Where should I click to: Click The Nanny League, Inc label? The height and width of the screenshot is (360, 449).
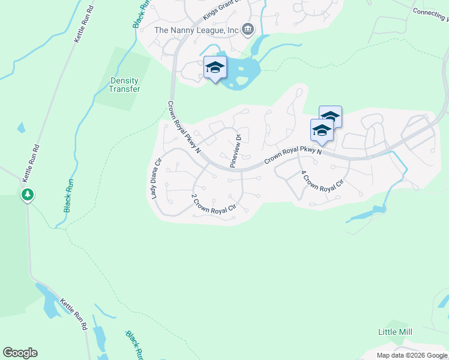[x=196, y=30]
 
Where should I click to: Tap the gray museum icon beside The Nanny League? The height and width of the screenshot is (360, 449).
[x=247, y=29]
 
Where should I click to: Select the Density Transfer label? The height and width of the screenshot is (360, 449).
[x=124, y=85]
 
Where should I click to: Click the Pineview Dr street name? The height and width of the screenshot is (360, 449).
[x=235, y=151]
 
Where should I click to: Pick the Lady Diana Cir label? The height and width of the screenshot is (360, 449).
[x=156, y=178]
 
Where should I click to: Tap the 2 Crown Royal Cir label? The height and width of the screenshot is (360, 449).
[x=213, y=203]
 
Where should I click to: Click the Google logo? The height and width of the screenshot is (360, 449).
[x=20, y=353]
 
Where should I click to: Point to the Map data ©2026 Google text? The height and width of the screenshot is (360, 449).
[x=412, y=355]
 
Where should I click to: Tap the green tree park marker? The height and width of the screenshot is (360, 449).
[x=27, y=195]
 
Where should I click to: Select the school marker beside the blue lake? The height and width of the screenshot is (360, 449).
[x=215, y=68]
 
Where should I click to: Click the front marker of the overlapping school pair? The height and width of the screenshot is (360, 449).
[x=322, y=130]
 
